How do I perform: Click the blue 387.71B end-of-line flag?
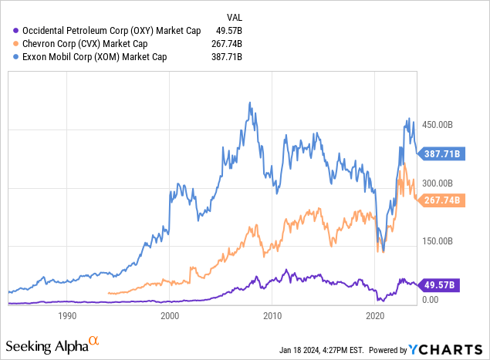coord(442,154)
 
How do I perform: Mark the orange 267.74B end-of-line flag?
coord(442,200)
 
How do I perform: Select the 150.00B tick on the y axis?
coord(438,241)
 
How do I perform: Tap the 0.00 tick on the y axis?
coord(430,299)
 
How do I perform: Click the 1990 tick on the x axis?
coord(67,315)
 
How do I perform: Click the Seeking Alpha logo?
coord(52,343)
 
